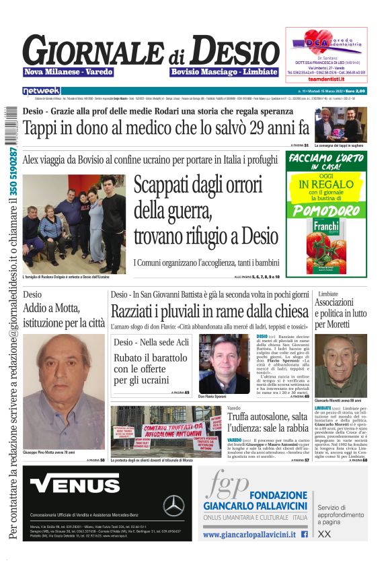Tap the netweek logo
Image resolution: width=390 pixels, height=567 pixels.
(42, 91)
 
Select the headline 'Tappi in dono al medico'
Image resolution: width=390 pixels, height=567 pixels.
(165, 127)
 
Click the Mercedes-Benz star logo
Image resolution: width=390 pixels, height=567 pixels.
(174, 504)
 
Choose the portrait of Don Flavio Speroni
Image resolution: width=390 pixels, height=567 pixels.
(224, 364)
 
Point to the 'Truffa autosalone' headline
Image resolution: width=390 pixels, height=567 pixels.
(268, 422)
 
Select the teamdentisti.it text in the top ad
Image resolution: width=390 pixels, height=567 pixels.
(326, 79)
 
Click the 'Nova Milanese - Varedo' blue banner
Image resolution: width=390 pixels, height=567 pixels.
(69, 71)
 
